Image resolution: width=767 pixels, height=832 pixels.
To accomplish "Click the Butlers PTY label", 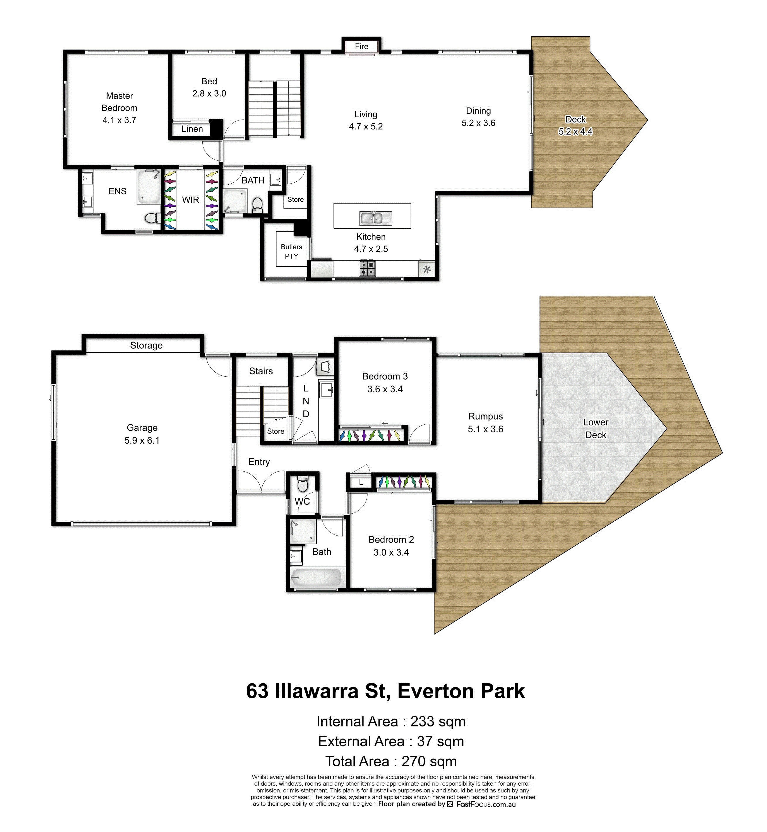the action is coord(291,251).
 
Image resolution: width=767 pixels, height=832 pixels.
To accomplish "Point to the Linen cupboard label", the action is coord(192,129).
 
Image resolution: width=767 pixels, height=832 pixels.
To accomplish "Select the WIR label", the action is coord(190,200).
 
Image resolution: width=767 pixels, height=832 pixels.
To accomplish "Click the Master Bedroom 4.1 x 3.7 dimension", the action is coord(120,120).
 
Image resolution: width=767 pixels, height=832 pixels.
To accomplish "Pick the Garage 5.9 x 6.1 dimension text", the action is coord(142,441).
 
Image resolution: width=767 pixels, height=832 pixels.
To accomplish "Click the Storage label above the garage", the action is coord(146,345).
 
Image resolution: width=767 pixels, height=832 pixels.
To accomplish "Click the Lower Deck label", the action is coord(596,429).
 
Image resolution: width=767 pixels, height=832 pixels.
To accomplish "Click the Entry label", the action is coord(259,462).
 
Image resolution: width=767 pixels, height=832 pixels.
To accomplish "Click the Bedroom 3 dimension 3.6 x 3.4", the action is coord(385,389).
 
